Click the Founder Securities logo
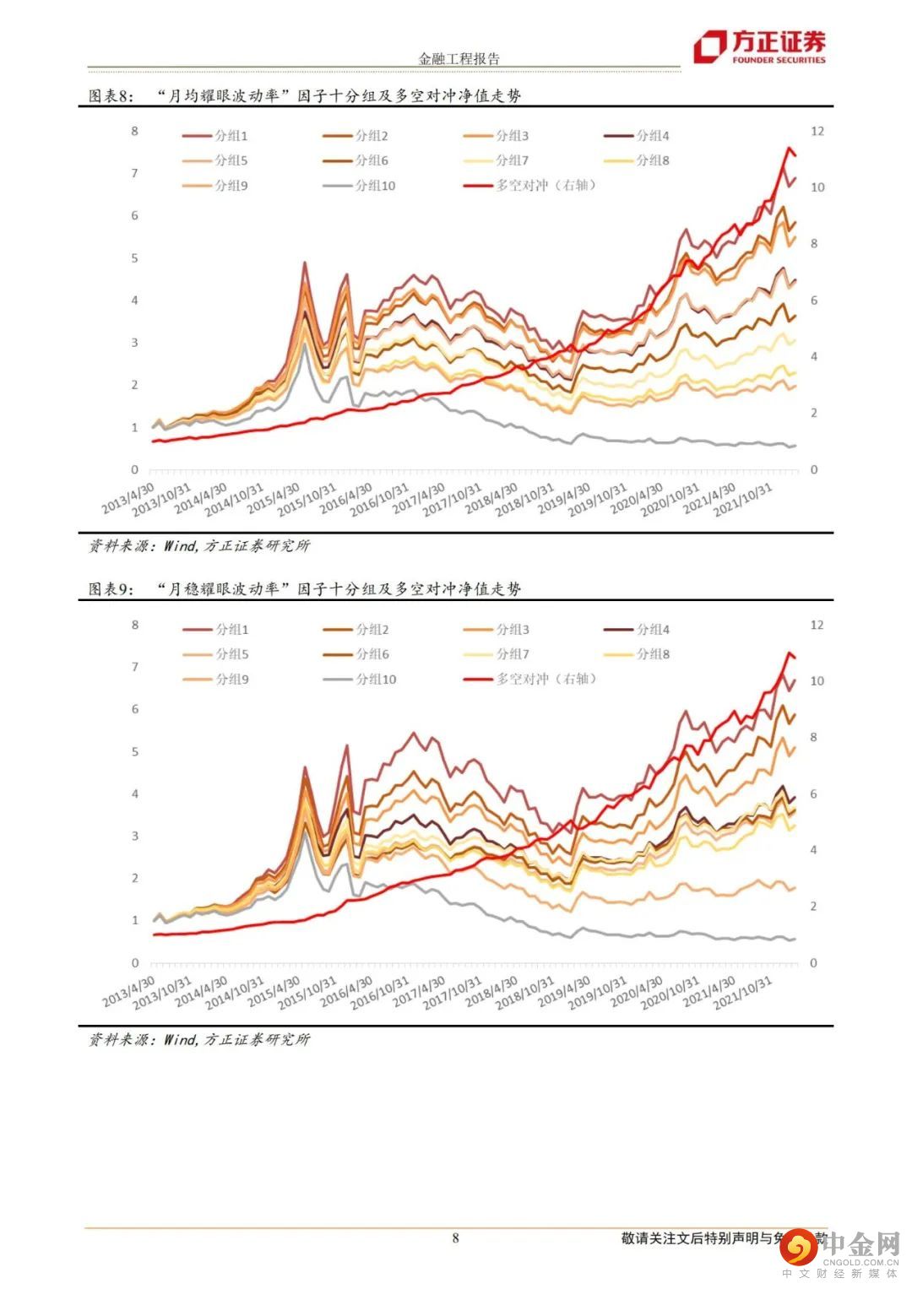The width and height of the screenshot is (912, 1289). click(x=759, y=47)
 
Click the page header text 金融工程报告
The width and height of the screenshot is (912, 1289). click(x=459, y=59)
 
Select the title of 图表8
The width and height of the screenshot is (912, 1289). click(x=305, y=95)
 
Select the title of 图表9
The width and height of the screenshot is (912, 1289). click(x=305, y=588)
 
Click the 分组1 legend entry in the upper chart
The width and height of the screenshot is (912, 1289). click(x=216, y=136)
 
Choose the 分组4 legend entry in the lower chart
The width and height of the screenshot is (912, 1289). click(x=638, y=630)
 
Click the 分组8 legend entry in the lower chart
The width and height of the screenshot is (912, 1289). click(x=638, y=654)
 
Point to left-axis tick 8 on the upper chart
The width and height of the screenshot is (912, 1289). click(x=134, y=131)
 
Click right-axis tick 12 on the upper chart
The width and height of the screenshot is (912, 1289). click(x=817, y=131)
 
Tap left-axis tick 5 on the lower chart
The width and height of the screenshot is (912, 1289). click(x=134, y=751)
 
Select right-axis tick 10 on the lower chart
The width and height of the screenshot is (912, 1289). click(x=817, y=681)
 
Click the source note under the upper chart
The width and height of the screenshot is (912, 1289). click(x=200, y=546)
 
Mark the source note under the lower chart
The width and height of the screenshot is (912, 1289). click(x=200, y=1040)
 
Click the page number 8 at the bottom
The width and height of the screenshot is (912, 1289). click(x=456, y=1238)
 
